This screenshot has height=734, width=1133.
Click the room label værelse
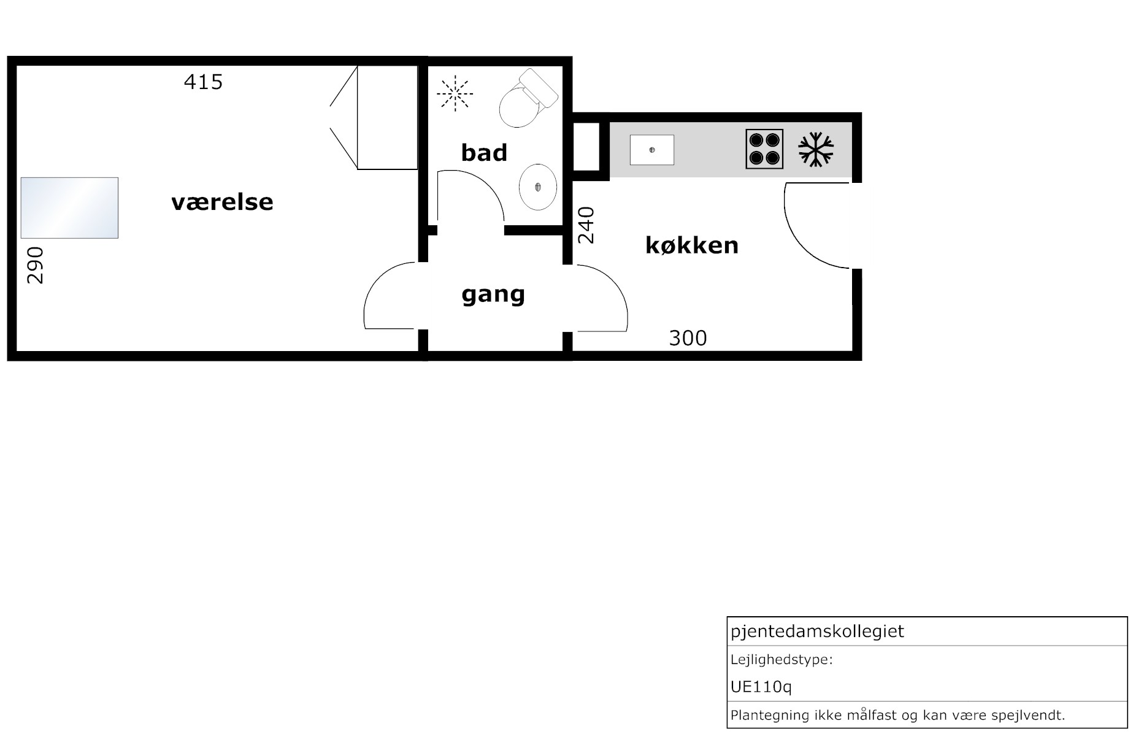[222, 202]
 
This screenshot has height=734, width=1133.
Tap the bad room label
[484, 152]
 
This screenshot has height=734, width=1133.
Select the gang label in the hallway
[493, 295]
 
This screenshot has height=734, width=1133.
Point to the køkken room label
[692, 245]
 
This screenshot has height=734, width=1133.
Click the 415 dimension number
[203, 82]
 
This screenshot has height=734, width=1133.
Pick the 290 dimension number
[36, 265]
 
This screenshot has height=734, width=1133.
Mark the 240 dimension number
[586, 225]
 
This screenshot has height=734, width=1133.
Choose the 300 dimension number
[688, 338]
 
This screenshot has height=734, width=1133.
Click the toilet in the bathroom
[528, 98]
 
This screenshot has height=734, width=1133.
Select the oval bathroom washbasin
[538, 187]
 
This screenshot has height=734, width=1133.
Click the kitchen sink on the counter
[652, 150]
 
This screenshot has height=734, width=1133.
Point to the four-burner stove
[764, 149]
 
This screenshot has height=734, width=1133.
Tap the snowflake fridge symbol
[816, 149]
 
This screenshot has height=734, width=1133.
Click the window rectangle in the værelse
[69, 208]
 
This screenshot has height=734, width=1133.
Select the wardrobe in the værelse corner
[387, 117]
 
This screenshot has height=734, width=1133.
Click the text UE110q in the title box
[761, 687]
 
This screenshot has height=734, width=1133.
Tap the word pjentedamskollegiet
[817, 632]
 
